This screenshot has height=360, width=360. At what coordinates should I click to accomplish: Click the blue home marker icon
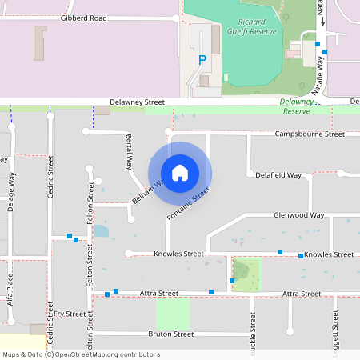point(180,172)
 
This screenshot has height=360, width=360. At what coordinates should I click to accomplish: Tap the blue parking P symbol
point(202,59)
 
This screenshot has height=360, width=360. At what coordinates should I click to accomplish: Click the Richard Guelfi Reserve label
point(258,27)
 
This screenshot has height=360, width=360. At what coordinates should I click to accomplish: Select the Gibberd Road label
point(83,17)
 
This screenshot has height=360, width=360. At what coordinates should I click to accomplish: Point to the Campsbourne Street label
point(310,134)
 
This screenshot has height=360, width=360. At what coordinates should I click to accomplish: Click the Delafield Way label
point(278,174)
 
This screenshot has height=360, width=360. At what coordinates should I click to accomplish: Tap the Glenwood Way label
point(298,215)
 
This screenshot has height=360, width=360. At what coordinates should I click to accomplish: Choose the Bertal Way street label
point(128,152)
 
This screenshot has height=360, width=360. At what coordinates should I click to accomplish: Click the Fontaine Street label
point(188,205)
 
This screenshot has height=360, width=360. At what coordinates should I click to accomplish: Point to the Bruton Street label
point(171,334)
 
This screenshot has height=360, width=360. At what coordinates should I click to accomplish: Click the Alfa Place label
point(10,289)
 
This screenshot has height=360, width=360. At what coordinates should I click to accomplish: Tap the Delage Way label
point(11,193)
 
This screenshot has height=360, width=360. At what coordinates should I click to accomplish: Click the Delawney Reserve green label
point(298,102)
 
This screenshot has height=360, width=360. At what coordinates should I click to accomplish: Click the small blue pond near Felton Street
point(101,231)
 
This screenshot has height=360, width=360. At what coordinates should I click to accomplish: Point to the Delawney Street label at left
point(137,102)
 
